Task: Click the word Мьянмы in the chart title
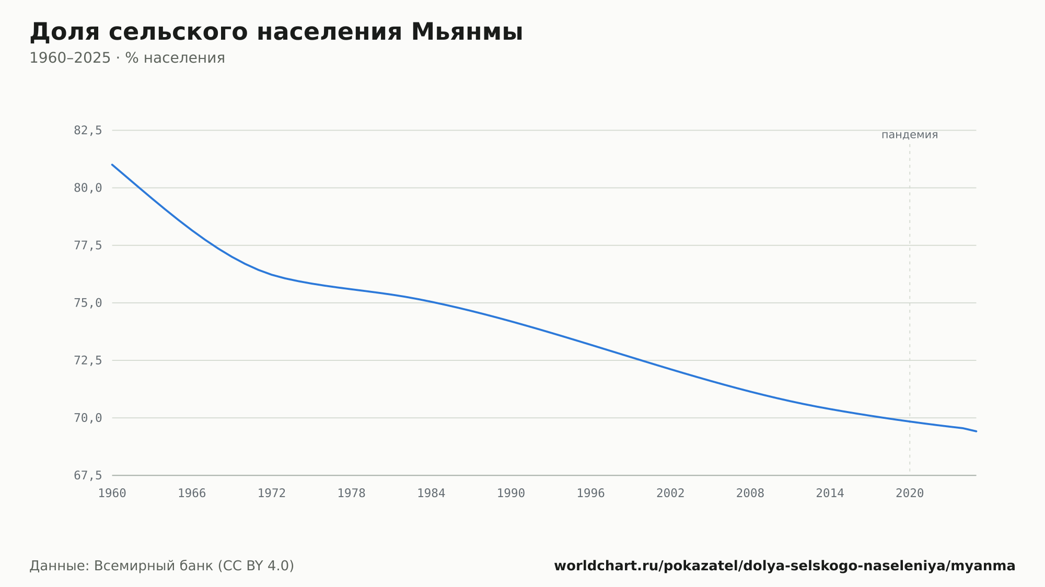pyautogui.click(x=467, y=32)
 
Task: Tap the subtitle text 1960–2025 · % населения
pyautogui.click(x=127, y=58)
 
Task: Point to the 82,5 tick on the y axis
pyautogui.click(x=88, y=131)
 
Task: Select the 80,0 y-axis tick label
pyautogui.click(x=88, y=188)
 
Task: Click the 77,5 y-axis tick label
pyautogui.click(x=88, y=245)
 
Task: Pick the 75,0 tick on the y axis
pyautogui.click(x=88, y=303)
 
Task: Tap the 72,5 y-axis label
pyautogui.click(x=88, y=360)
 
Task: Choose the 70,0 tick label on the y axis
pyautogui.click(x=88, y=418)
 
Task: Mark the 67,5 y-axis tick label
pyautogui.click(x=88, y=475)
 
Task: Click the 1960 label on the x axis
pyautogui.click(x=112, y=494)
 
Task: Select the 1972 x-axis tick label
pyautogui.click(x=272, y=494)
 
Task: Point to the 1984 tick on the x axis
pyautogui.click(x=431, y=494)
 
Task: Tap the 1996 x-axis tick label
pyautogui.click(x=590, y=494)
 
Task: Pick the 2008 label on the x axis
pyautogui.click(x=750, y=494)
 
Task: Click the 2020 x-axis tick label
pyautogui.click(x=910, y=494)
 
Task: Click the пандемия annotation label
pyautogui.click(x=910, y=135)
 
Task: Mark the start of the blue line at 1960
pyautogui.click(x=112, y=165)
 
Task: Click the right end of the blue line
pyautogui.click(x=976, y=431)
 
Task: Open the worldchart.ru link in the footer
pyautogui.click(x=785, y=566)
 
